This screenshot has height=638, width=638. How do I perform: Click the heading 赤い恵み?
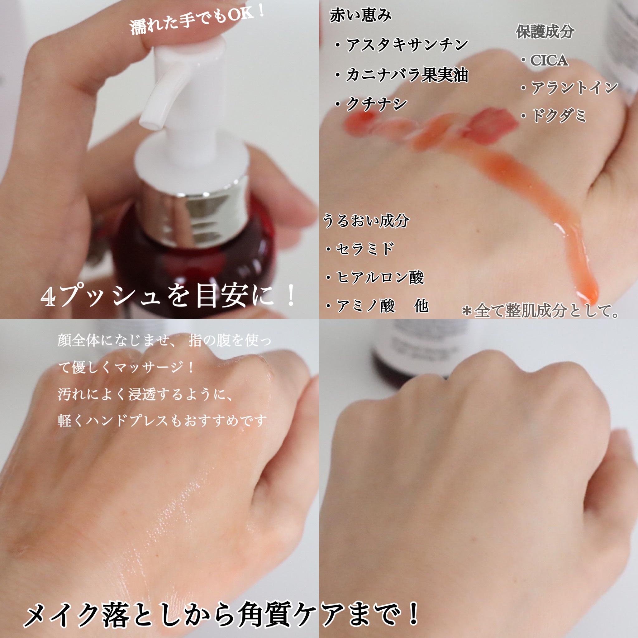click(361, 15)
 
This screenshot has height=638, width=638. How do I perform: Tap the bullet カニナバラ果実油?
click(401, 75)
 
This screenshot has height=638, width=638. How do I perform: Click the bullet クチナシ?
click(371, 104)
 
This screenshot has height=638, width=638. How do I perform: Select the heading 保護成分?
click(545, 32)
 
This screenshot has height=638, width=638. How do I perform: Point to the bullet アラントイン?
click(569, 88)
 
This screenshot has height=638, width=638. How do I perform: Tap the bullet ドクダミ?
click(553, 116)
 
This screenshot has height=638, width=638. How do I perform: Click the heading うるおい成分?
click(366, 220)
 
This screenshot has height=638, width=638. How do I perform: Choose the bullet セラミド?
click(359, 249)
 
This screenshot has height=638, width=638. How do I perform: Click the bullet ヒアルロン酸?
click(374, 277)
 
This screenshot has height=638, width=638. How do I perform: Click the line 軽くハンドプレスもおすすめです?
click(162, 420)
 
